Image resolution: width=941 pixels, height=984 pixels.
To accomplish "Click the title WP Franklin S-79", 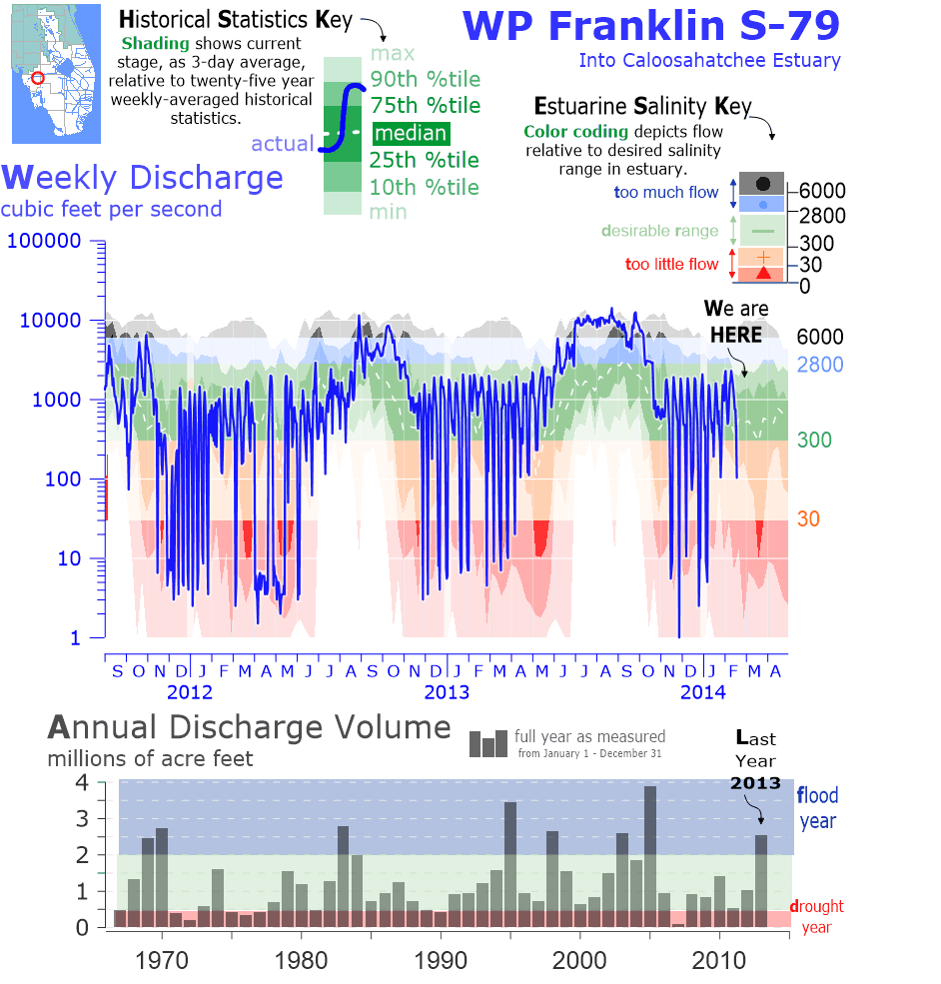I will point(652,25).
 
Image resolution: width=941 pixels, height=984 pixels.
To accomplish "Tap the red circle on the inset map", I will point(38,78).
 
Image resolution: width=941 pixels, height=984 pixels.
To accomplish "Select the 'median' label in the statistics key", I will point(411,133).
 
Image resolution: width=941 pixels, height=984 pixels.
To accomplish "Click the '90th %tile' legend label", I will point(425,79).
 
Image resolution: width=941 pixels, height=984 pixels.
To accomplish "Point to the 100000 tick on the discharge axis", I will point(48,242).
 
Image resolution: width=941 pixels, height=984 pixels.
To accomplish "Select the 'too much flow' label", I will point(665,193).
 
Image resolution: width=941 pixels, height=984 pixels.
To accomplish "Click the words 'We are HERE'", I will point(735,322).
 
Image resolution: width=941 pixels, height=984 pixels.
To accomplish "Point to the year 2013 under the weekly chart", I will point(446,692).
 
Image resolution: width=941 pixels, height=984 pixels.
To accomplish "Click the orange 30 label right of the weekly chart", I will point(808,519).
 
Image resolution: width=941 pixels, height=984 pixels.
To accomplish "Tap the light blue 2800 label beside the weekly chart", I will point(819,365).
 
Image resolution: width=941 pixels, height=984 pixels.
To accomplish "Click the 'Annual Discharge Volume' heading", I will point(249,727).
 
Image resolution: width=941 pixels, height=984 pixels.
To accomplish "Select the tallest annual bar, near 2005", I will point(650,856).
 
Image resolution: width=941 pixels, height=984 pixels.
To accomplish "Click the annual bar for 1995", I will point(510,864).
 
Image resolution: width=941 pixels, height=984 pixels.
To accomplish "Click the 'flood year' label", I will point(817,808).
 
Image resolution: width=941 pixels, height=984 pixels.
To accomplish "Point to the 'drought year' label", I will point(816,916).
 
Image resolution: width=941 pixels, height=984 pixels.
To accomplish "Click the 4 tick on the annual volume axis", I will point(83,781).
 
